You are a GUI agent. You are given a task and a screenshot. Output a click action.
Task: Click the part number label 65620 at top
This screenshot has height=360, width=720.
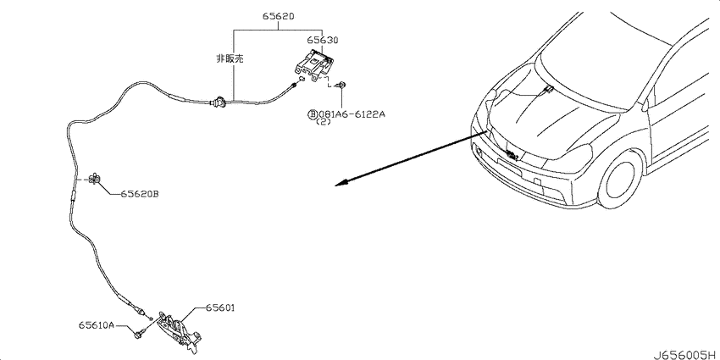[x=279, y=16]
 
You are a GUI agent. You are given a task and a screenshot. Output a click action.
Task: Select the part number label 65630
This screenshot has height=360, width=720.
[x=323, y=41]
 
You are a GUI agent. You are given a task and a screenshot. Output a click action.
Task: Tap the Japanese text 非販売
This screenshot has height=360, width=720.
[x=230, y=58]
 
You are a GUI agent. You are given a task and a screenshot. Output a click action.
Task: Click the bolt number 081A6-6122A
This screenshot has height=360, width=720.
[x=348, y=114]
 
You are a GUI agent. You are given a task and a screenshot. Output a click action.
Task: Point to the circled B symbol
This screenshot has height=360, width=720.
[x=312, y=114]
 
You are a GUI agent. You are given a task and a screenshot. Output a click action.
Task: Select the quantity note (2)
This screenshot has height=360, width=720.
[x=324, y=123]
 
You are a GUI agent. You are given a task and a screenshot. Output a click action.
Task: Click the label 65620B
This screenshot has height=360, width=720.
[x=140, y=194]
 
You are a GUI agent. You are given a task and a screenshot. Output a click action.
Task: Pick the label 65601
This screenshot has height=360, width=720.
[x=220, y=308]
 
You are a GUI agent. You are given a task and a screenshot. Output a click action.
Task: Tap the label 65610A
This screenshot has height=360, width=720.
[x=96, y=324]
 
